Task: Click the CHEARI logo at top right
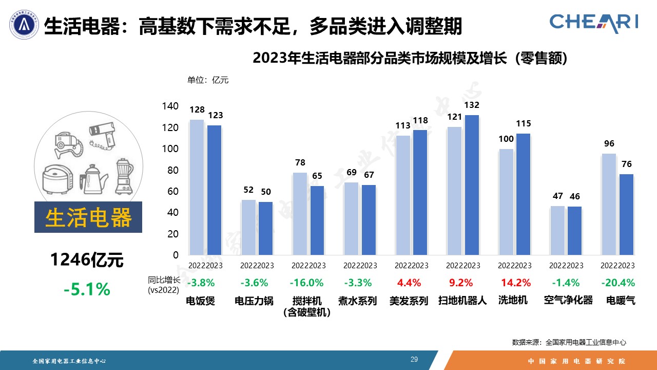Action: click(x=594, y=22)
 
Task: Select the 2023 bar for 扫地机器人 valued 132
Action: click(x=472, y=185)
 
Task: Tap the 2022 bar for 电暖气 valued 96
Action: click(x=609, y=204)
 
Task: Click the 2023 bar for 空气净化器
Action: click(x=574, y=231)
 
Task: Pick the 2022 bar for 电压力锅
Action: click(x=248, y=227)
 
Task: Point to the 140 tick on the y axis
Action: click(x=171, y=106)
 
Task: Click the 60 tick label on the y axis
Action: click(x=173, y=191)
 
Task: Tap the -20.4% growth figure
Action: click(x=620, y=283)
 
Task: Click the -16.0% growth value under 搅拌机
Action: click(x=306, y=283)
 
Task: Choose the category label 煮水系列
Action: click(x=357, y=301)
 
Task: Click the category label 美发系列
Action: click(x=409, y=301)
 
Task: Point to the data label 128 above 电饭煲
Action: click(x=197, y=109)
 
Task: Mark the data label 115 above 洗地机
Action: click(x=524, y=124)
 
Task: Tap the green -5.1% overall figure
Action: click(x=87, y=289)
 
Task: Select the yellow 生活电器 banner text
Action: click(x=88, y=218)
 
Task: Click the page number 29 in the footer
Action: click(x=414, y=359)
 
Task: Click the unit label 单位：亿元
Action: click(x=208, y=80)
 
